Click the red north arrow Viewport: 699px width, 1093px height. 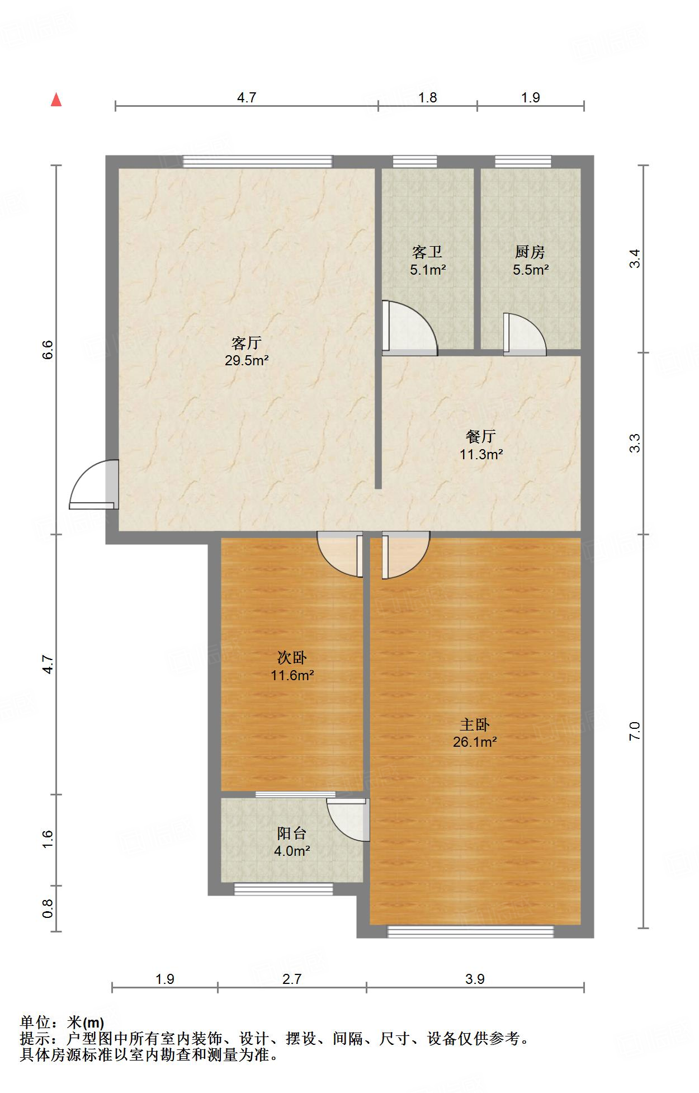(x=56, y=100)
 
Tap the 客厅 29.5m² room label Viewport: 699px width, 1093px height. (x=247, y=352)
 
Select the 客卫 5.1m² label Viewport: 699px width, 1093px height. (x=427, y=261)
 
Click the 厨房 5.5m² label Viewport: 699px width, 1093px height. (x=530, y=261)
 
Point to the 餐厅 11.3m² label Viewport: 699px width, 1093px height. (x=481, y=445)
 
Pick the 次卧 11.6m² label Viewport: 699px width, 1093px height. (x=292, y=667)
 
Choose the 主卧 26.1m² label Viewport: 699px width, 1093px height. (x=475, y=733)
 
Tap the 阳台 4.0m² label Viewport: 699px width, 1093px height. (x=292, y=842)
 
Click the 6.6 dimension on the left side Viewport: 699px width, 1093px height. (x=48, y=350)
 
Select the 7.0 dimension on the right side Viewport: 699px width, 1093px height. (x=634, y=731)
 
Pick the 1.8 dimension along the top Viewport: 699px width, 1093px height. (x=428, y=97)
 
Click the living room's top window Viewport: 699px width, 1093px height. (x=258, y=162)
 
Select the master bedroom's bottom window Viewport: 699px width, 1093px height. (x=470, y=931)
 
